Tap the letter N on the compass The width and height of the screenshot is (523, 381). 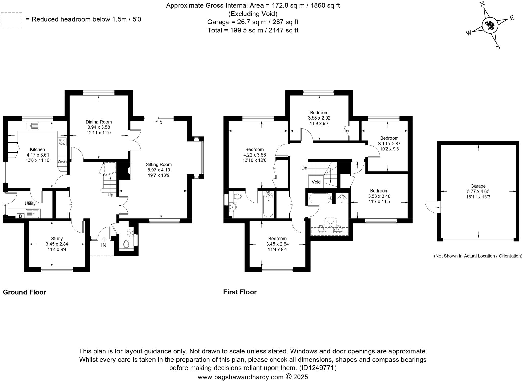point(482,4)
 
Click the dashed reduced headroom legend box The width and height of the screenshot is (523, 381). point(11,20)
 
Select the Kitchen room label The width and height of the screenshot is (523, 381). point(38,149)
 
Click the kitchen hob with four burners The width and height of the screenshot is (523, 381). point(62,141)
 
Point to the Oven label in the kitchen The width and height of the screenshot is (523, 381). point(62,162)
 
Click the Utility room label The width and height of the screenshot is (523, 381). point(30,204)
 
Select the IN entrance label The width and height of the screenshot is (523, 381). point(104,246)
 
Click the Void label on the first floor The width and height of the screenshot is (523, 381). point(316,182)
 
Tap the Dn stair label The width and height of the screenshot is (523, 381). point(304,168)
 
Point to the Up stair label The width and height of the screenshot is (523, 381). point(110,195)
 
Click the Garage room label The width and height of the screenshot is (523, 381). point(478,186)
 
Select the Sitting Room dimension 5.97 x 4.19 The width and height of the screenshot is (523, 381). point(159,170)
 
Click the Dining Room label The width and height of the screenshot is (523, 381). point(99,122)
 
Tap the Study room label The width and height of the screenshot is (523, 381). point(57,239)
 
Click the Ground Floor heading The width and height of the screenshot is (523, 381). point(25,292)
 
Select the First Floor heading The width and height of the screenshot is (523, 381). point(240,292)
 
